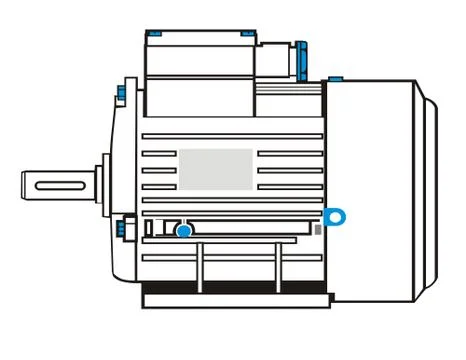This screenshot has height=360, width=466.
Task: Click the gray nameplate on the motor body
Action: (215, 169)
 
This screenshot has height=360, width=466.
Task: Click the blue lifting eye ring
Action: (335, 215)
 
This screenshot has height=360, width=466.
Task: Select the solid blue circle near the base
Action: (184, 232)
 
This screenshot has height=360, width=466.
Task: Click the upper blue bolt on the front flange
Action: (121, 95)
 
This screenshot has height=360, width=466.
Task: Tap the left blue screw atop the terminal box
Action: (154, 34)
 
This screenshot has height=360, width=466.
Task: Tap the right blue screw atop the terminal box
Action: (246, 34)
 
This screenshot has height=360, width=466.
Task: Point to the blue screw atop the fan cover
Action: (335, 76)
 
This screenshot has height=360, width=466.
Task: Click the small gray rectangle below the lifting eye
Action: (319, 230)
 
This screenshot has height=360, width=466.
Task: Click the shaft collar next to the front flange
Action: (101, 184)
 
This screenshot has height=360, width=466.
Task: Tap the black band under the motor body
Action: (236, 287)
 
